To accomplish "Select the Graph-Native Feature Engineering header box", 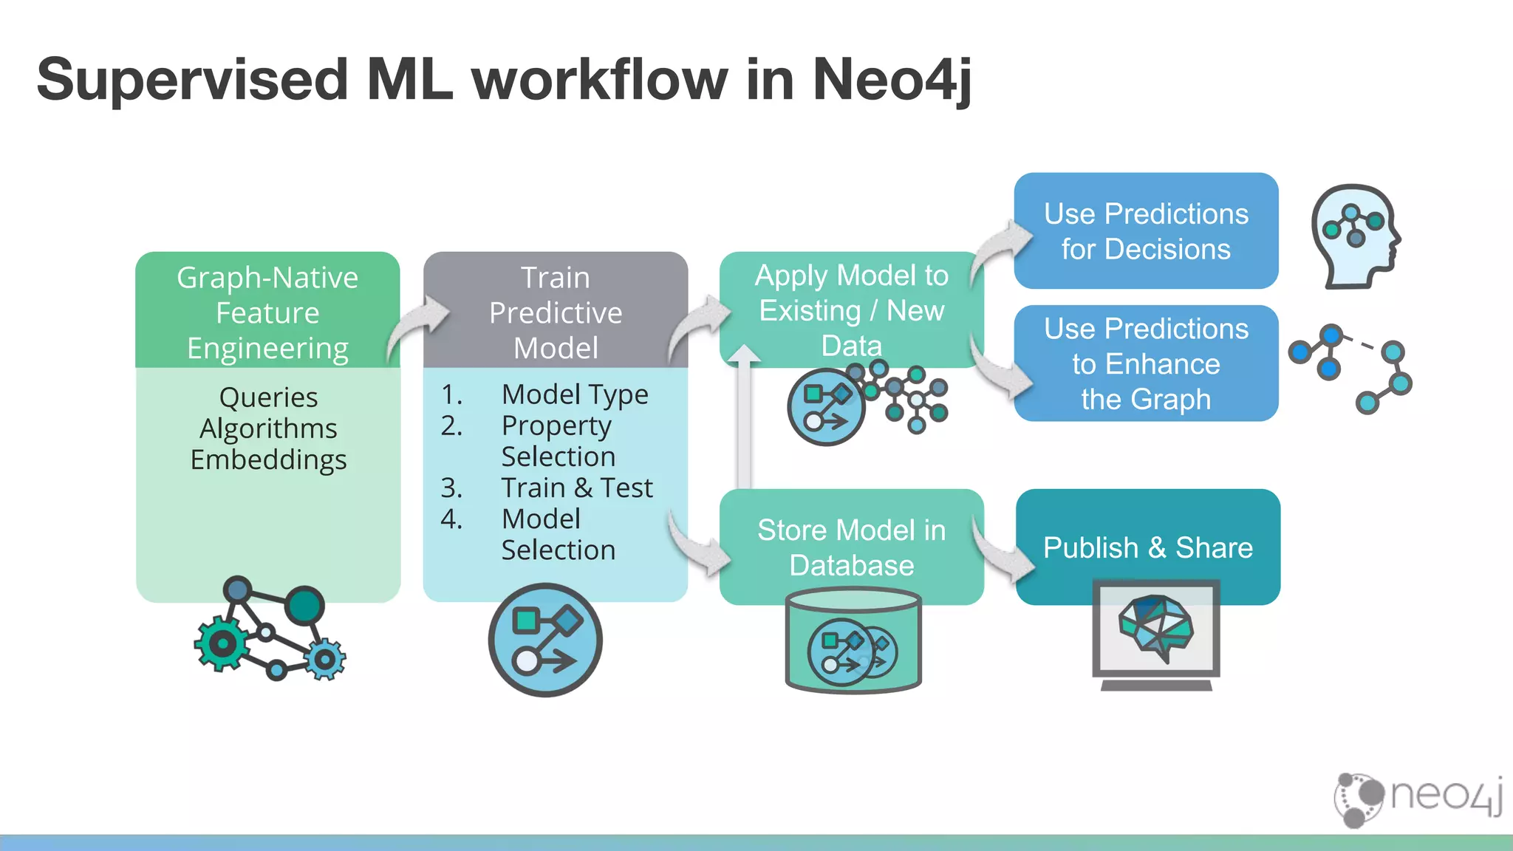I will coord(267,312).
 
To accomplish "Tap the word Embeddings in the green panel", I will coord(268,459).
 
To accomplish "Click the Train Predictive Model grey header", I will coord(556,312).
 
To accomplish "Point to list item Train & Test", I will coord(576,488).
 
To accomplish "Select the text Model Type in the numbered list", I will coord(575,394).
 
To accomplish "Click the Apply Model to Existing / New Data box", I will coord(851,310).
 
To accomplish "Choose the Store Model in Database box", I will coord(851,547).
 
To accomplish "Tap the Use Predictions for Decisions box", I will coord(1146,231).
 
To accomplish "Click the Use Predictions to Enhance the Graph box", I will coord(1146,363).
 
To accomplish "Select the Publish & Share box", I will coord(1147,547).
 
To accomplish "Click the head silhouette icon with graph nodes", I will coord(1356,236).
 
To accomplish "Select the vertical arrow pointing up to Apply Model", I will coord(744,421).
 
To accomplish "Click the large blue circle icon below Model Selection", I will coord(545,640).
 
